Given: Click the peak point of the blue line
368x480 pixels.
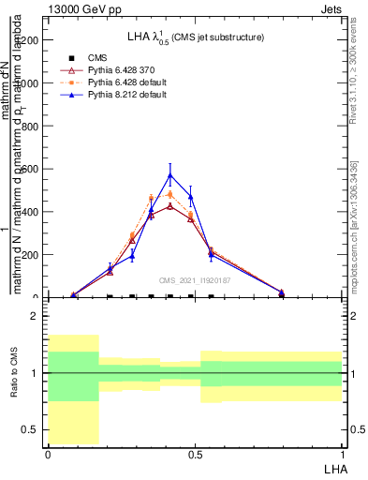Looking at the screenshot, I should click(x=169, y=175).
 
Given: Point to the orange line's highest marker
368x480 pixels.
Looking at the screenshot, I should click(x=169, y=194).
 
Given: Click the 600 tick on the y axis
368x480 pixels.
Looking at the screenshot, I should click(x=32, y=169).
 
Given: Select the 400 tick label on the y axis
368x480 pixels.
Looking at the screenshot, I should click(x=32, y=212).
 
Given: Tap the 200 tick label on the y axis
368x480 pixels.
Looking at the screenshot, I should click(x=32, y=255).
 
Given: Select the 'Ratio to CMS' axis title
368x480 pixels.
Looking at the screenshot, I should click(x=14, y=373).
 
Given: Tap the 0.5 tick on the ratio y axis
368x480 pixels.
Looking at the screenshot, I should click(x=32, y=429).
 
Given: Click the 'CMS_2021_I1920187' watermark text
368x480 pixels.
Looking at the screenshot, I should click(x=194, y=279).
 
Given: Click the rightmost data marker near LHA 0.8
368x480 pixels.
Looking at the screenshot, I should click(x=282, y=292).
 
